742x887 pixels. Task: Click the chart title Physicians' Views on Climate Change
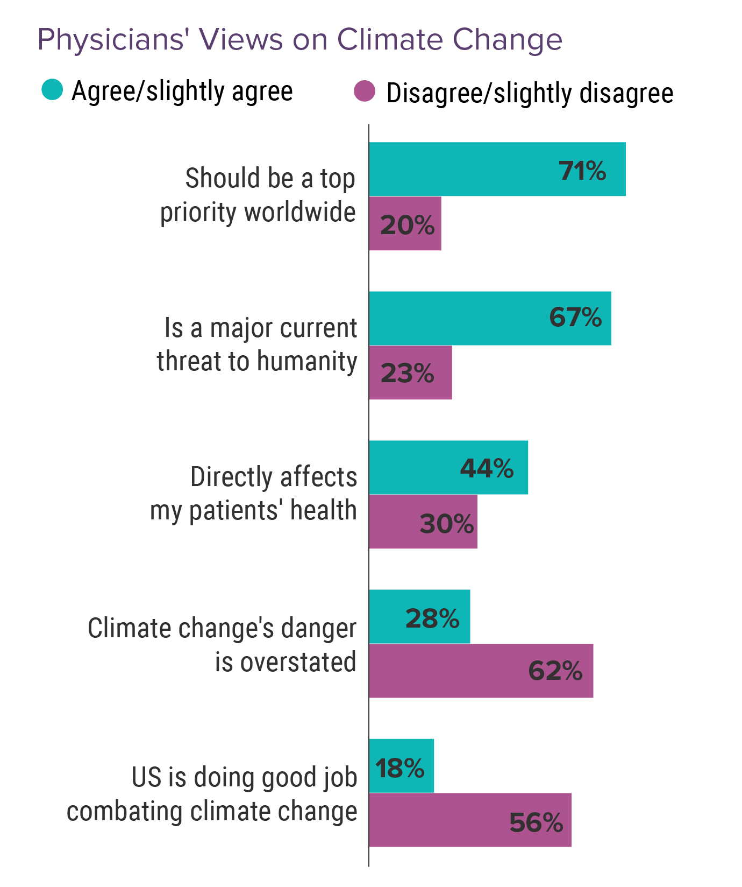tap(299, 40)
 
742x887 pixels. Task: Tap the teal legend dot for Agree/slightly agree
tap(52, 90)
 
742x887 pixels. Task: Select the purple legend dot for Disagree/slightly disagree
tap(364, 91)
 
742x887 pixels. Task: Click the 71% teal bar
tap(497, 169)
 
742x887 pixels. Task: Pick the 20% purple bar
tap(405, 223)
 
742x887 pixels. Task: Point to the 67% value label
tap(575, 318)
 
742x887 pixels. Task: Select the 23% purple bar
tap(410, 372)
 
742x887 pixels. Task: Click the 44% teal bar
tap(448, 467)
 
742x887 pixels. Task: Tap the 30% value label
tap(446, 524)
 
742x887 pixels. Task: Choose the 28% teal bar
tap(419, 617)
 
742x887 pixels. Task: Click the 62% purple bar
tap(481, 671)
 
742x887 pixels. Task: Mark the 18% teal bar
tap(401, 766)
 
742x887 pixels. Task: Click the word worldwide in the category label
tap(299, 212)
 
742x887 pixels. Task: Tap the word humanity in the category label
tap(307, 361)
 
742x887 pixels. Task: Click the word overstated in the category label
tap(298, 661)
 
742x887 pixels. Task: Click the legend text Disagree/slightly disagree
tap(530, 93)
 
